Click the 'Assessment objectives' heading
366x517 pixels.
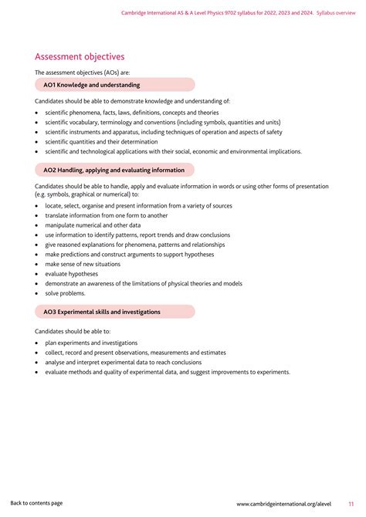[80, 56]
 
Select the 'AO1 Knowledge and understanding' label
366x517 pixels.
[92, 85]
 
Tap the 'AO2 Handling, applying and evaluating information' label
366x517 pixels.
[114, 170]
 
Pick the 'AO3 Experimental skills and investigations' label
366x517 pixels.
[102, 312]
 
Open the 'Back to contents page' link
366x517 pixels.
[36, 503]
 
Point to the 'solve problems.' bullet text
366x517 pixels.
[65, 293]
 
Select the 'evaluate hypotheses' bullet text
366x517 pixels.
[72, 274]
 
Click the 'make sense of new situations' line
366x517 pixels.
[83, 264]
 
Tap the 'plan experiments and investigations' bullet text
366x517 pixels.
[91, 343]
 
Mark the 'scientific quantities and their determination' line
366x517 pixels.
[101, 142]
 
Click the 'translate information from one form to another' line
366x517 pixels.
[107, 215]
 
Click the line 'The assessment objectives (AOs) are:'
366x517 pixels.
[83, 72]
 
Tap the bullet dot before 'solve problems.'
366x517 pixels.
[37, 293]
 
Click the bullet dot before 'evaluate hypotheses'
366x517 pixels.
[37, 274]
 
